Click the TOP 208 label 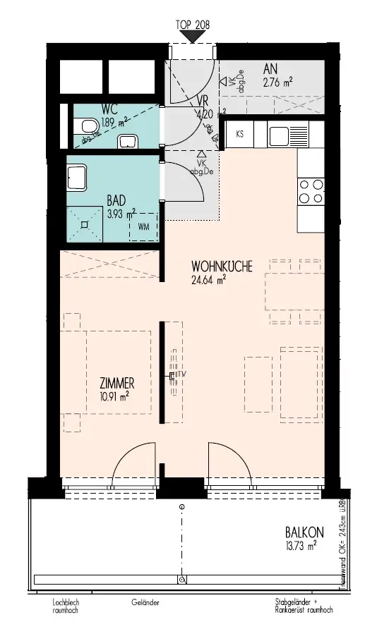(x=192, y=23)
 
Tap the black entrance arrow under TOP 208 (x=192, y=36)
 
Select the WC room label (x=109, y=110)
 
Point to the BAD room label (x=116, y=200)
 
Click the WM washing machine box (x=143, y=226)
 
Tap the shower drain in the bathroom (x=85, y=225)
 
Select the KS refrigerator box (x=241, y=134)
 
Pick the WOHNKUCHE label (x=221, y=267)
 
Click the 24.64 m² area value (x=208, y=280)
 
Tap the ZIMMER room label (x=116, y=384)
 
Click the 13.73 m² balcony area (x=300, y=544)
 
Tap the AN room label (x=270, y=69)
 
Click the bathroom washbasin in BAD (x=77, y=176)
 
